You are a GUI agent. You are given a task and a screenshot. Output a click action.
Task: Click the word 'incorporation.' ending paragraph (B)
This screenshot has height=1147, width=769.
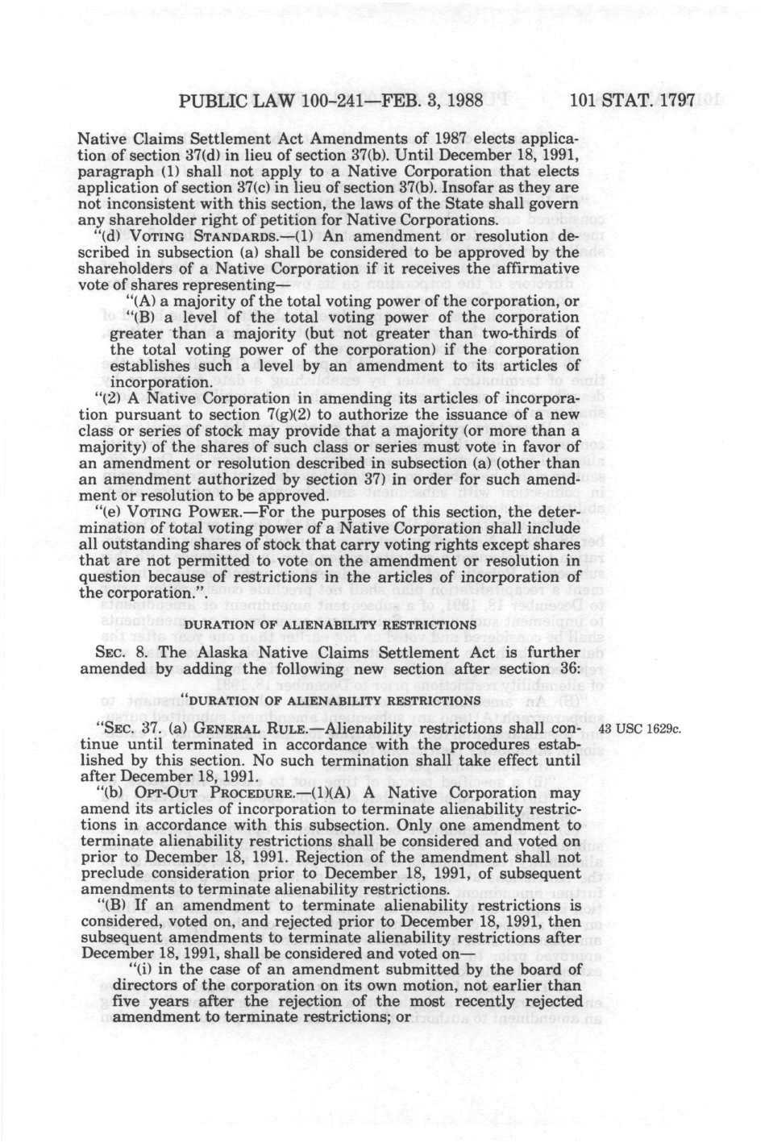pos(160,381)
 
